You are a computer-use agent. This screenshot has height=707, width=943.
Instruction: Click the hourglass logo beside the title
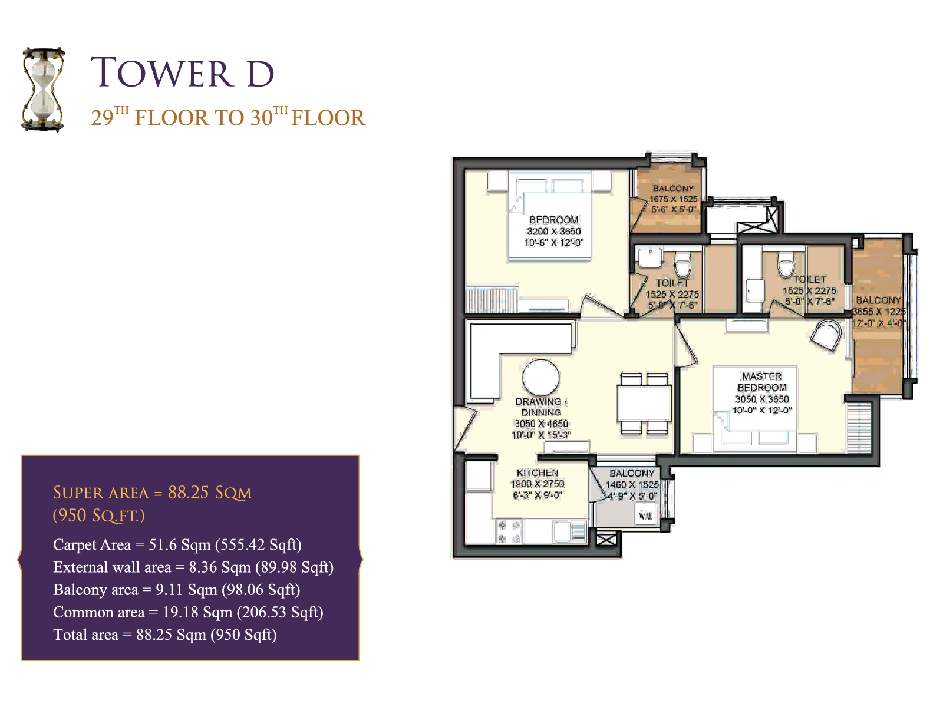(43, 89)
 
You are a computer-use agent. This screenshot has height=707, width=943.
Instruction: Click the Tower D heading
(183, 72)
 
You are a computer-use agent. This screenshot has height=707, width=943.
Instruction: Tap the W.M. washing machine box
(645, 516)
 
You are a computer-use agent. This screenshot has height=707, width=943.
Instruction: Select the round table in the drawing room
(541, 377)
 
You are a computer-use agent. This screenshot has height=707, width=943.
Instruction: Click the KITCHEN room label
(538, 473)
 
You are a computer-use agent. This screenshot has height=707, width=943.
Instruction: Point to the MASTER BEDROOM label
(762, 382)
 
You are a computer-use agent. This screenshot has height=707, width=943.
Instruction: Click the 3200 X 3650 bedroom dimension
(554, 231)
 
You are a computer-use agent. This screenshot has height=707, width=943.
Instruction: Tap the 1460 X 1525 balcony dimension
(632, 484)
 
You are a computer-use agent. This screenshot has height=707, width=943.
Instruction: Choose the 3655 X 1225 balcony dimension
(879, 311)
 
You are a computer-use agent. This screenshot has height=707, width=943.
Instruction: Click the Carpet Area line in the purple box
(177, 544)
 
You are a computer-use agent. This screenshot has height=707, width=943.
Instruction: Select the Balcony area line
(176, 589)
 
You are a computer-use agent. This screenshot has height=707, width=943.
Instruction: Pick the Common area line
(188, 612)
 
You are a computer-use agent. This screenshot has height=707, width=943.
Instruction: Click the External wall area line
(193, 567)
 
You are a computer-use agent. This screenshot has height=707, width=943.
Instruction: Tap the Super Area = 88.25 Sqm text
(153, 493)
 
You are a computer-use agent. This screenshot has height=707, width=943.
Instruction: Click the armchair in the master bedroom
(826, 335)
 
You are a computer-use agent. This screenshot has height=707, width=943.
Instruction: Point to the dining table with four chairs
(644, 404)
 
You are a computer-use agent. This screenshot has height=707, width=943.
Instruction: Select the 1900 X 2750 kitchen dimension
(538, 484)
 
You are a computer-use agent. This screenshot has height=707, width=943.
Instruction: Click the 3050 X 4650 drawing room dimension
(541, 424)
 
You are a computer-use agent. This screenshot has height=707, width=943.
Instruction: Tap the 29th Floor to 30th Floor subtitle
(228, 116)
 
